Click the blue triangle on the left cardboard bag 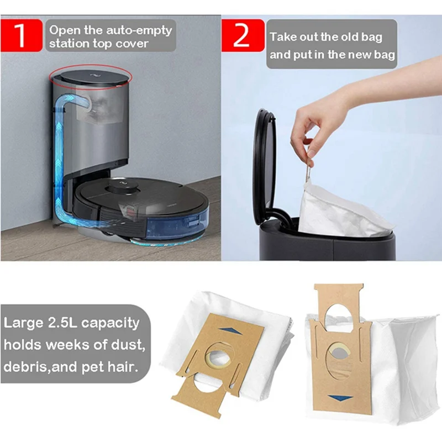[x=228, y=329]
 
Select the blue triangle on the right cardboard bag [x=336, y=397]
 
